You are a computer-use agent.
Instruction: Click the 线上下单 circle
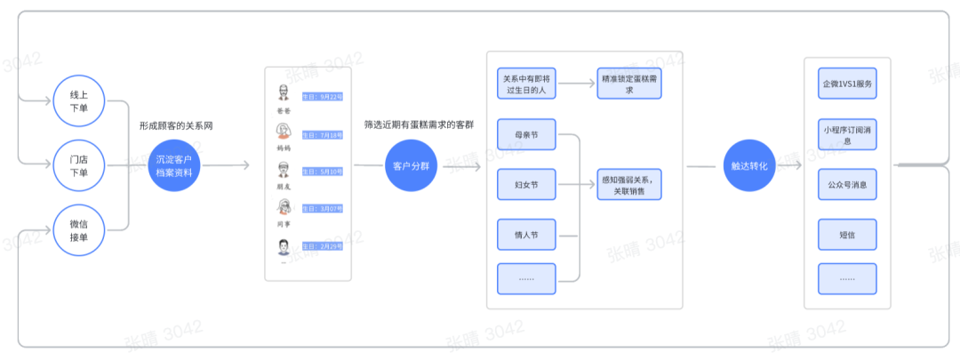click(x=79, y=101)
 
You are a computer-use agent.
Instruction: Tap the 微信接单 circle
click(x=79, y=230)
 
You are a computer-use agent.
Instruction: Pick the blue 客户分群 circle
click(x=412, y=166)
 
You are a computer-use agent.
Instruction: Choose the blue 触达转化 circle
click(x=749, y=166)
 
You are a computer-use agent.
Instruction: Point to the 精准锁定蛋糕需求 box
click(x=628, y=84)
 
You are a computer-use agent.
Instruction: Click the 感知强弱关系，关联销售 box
click(x=628, y=185)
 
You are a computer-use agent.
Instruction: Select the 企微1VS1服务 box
click(x=846, y=84)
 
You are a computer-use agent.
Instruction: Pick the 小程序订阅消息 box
click(x=846, y=134)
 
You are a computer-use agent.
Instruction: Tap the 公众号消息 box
click(x=846, y=185)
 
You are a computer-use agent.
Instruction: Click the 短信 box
click(x=846, y=235)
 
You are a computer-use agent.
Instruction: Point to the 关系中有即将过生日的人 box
click(x=526, y=84)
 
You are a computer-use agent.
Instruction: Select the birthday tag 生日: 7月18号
click(x=322, y=135)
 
